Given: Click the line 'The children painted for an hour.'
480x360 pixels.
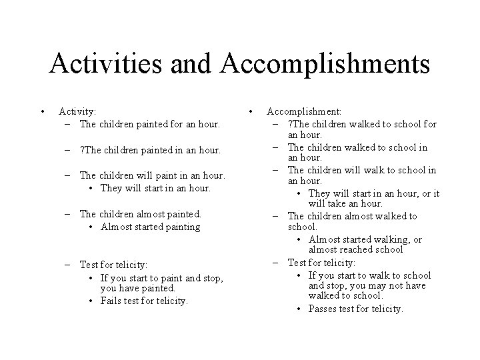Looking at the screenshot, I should click(149, 124).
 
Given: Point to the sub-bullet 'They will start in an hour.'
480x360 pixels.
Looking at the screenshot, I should click(155, 187).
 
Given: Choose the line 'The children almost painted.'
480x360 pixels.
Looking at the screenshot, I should click(140, 214).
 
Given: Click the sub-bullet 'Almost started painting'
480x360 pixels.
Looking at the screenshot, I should click(150, 226).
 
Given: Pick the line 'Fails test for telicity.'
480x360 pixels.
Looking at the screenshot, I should click(145, 301).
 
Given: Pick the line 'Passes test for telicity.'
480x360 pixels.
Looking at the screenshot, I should click(356, 309).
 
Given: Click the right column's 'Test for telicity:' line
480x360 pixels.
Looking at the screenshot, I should click(321, 262).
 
